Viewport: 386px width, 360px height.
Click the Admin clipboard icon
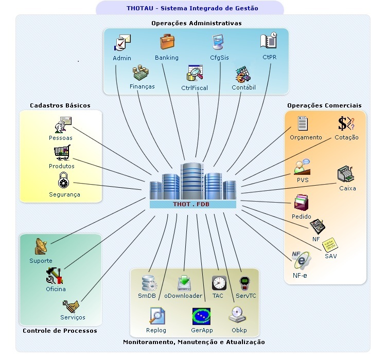click(x=123, y=43)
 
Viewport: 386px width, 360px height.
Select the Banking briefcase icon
click(x=167, y=42)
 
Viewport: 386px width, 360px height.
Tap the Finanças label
click(x=142, y=87)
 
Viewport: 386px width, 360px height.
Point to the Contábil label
click(x=243, y=87)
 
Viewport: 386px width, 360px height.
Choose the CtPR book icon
click(x=269, y=42)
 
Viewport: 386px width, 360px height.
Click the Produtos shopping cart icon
click(x=62, y=153)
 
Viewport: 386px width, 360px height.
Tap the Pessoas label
click(x=61, y=138)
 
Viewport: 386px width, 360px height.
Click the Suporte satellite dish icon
click(x=42, y=247)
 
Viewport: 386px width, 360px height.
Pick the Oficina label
click(x=56, y=289)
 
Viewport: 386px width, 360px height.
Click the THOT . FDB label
click(x=191, y=205)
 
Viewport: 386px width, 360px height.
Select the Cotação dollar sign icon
click(x=346, y=123)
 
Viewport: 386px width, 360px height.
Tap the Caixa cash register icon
click(x=346, y=175)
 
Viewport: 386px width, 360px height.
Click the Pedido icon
click(x=302, y=202)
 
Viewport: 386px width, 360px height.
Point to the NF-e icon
click(x=301, y=260)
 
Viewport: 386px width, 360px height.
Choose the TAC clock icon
click(x=219, y=283)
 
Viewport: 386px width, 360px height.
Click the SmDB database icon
click(x=149, y=283)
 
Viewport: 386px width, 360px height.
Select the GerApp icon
click(x=201, y=315)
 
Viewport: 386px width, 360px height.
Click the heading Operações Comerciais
click(x=324, y=105)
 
